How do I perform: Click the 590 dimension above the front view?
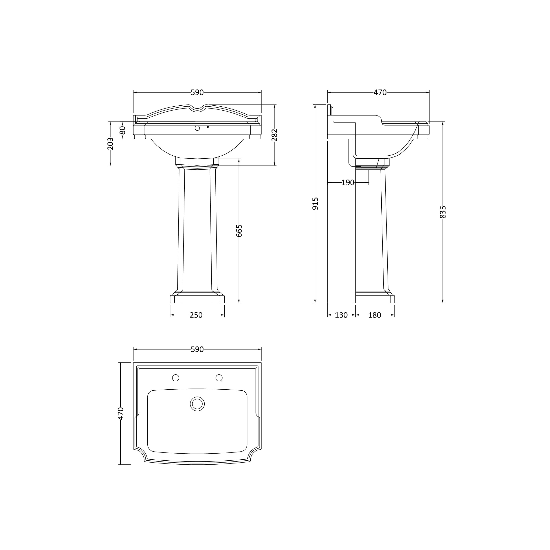[197, 93]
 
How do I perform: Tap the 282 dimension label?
[274, 135]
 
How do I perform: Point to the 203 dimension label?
[110, 144]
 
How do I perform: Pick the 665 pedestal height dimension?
[239, 231]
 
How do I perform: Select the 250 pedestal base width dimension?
[196, 315]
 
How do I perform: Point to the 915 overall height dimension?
[315, 203]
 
